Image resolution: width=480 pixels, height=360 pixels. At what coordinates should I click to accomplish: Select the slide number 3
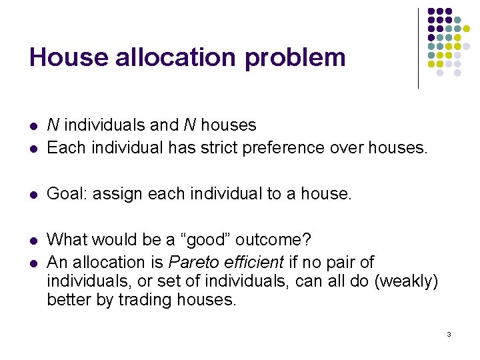449,333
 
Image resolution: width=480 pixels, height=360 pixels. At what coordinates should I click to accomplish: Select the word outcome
274,239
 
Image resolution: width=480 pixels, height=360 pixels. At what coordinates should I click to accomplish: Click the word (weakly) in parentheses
406,281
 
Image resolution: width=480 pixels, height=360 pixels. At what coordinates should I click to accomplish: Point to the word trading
145,300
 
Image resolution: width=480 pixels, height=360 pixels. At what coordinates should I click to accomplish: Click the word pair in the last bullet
343,262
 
